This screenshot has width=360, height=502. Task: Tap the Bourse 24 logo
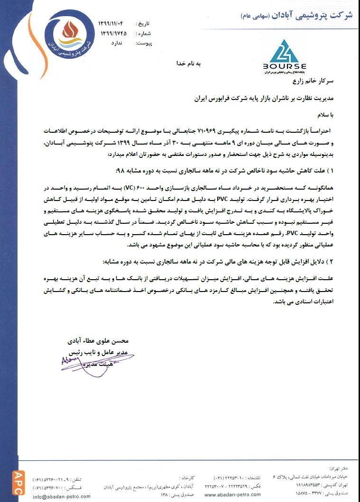pyautogui.click(x=284, y=64)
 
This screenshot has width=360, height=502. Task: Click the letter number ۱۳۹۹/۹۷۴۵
pyautogui.click(x=114, y=33)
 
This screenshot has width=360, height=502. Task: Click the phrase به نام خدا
pyautogui.click(x=190, y=63)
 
